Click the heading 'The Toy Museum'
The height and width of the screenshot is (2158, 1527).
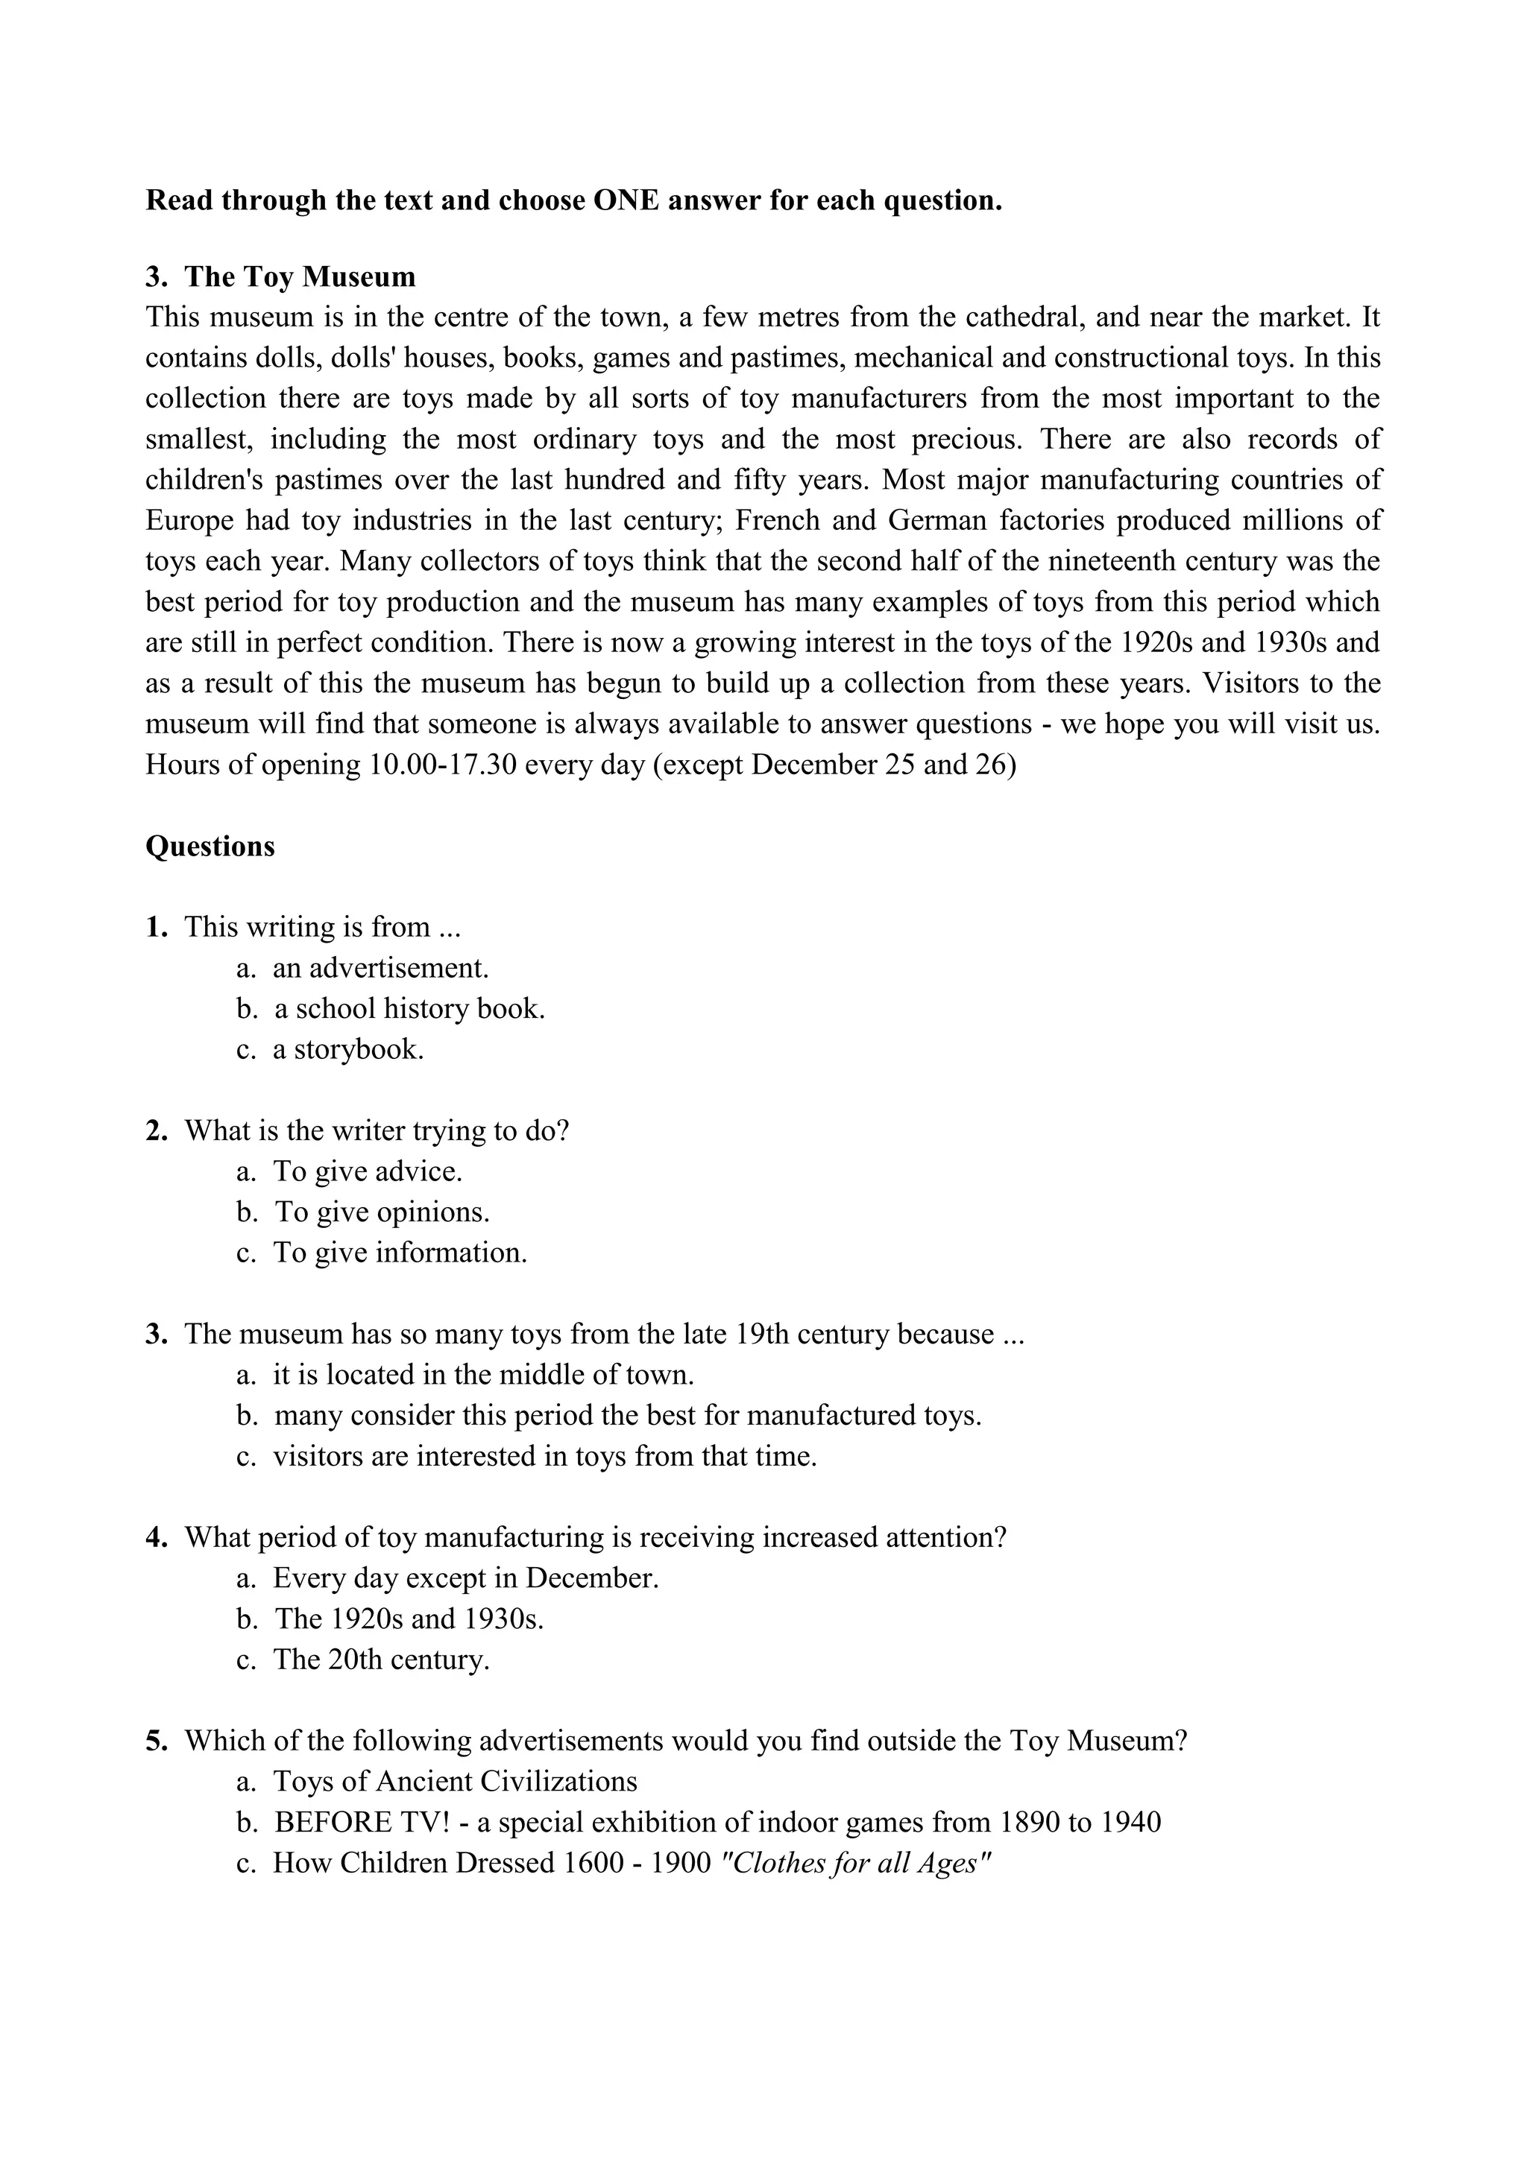click(x=299, y=276)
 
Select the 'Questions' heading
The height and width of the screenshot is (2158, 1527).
click(x=210, y=846)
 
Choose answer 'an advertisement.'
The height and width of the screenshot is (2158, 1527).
click(x=381, y=967)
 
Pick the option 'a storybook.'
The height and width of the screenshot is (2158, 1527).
click(x=348, y=1049)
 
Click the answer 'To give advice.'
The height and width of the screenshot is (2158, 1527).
click(x=368, y=1171)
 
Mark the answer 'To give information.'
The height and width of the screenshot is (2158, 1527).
click(x=400, y=1252)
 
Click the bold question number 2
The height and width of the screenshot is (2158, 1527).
click(x=156, y=1130)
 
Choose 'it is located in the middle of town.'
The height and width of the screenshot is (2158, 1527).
click(x=483, y=1374)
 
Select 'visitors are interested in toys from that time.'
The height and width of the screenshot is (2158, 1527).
click(x=544, y=1456)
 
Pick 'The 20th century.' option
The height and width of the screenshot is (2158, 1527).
click(x=381, y=1659)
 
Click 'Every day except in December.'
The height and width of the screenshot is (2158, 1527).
click(x=465, y=1578)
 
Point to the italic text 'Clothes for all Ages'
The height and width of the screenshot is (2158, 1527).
click(x=854, y=1863)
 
